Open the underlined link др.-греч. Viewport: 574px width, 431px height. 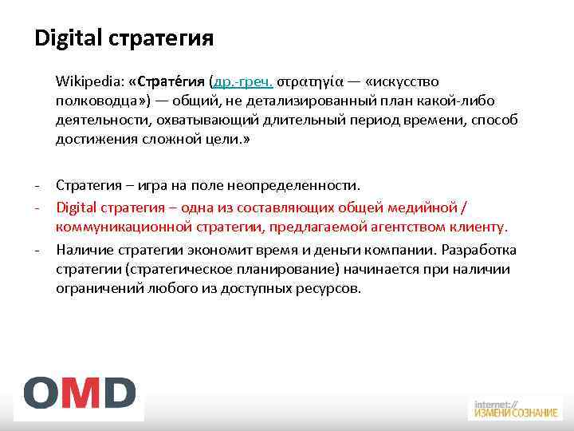pos(243,82)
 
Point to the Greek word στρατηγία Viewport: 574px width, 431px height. pos(311,82)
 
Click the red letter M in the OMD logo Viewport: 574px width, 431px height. pos(80,393)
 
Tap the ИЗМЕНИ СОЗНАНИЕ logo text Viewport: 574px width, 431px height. pos(515,413)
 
